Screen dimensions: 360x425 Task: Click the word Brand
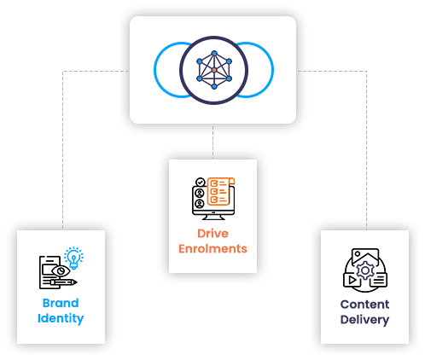(61, 303)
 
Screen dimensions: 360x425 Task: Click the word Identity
(61, 319)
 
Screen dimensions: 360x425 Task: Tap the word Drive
(212, 233)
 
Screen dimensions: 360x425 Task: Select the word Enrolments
(212, 249)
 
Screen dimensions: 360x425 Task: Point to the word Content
(364, 304)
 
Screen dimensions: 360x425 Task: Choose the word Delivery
(364, 320)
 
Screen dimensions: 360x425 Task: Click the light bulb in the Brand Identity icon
(73, 257)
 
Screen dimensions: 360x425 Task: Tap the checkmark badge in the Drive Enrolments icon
(200, 182)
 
